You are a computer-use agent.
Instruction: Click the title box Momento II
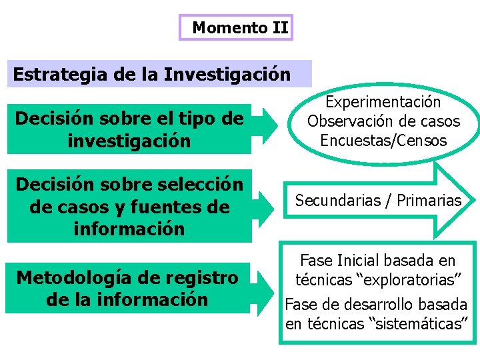pyautogui.click(x=237, y=28)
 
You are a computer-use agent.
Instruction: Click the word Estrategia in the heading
pyautogui.click(x=61, y=74)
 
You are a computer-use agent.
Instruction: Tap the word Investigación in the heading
pyautogui.click(x=227, y=74)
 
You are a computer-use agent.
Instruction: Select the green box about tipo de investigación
pyautogui.click(x=129, y=129)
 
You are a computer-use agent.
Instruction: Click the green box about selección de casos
pyautogui.click(x=129, y=206)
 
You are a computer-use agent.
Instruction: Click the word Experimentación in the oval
pyautogui.click(x=383, y=102)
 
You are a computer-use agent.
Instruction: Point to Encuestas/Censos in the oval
pyautogui.click(x=383, y=141)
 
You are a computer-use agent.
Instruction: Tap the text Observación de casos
pyautogui.click(x=383, y=121)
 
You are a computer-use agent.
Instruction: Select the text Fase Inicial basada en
pyautogui.click(x=377, y=261)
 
